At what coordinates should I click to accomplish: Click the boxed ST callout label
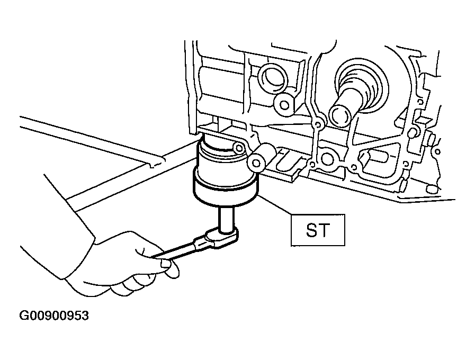click(x=318, y=230)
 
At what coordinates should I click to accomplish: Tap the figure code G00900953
click(x=54, y=316)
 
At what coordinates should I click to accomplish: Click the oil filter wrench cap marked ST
click(x=226, y=191)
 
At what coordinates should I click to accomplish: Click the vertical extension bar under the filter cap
click(x=226, y=220)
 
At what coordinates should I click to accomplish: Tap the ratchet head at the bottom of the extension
click(x=222, y=238)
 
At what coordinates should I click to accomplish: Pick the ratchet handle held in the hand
click(x=181, y=249)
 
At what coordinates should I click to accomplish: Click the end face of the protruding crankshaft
click(x=340, y=114)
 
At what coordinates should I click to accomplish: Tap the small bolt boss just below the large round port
click(x=284, y=105)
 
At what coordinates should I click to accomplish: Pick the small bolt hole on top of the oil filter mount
click(x=239, y=148)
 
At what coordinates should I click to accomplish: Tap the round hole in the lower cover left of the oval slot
click(x=327, y=159)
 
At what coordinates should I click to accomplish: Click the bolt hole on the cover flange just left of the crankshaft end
click(x=318, y=124)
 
